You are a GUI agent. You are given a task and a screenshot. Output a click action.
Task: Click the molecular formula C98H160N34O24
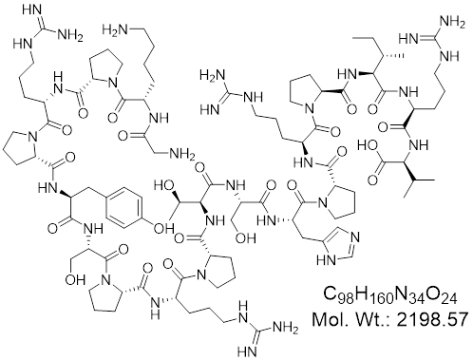click(x=390, y=294)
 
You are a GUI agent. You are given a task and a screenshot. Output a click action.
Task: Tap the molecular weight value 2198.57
click(x=432, y=319)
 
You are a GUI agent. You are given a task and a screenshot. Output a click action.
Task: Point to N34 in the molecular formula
click(x=409, y=295)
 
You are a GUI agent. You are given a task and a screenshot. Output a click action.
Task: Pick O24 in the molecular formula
click(x=442, y=295)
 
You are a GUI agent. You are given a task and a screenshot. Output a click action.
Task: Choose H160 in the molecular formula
click(x=374, y=295)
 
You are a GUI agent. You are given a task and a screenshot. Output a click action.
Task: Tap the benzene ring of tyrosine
click(x=123, y=207)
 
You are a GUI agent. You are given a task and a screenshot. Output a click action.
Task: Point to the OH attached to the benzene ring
click(x=163, y=227)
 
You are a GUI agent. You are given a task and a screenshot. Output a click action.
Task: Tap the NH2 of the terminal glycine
click(x=182, y=155)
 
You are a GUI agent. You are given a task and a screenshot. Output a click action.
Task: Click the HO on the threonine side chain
click(x=163, y=185)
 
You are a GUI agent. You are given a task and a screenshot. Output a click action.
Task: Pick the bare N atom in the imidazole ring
click(x=355, y=237)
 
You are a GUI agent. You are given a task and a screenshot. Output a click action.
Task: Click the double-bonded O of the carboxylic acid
click(x=372, y=180)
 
